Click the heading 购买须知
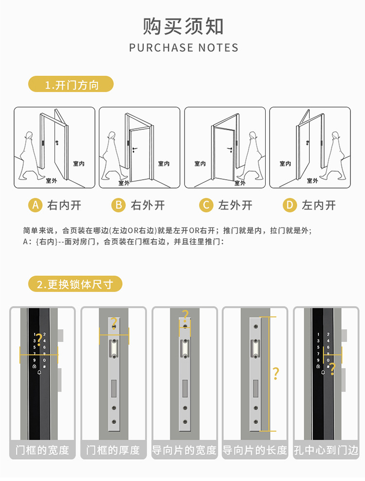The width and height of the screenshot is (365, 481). [183, 26]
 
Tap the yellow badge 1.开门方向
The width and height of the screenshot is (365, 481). [71, 85]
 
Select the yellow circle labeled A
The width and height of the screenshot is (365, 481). [35, 205]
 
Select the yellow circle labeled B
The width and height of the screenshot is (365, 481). [119, 205]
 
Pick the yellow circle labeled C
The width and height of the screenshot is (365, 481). [207, 205]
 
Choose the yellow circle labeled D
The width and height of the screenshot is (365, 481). [290, 205]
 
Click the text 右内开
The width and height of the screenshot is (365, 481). [64, 205]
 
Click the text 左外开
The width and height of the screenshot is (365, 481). [236, 205]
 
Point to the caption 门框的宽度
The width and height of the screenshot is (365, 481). [42, 450]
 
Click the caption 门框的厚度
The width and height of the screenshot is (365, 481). [113, 450]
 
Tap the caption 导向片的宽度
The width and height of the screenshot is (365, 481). [184, 450]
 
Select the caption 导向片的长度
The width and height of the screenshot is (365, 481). [255, 450]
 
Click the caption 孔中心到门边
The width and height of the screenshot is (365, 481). [326, 450]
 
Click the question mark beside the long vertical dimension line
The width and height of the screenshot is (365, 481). [276, 374]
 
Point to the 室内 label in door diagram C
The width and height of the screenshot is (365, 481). [200, 164]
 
